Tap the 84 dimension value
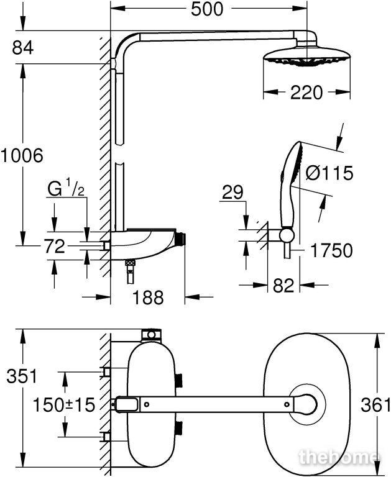point(22,48)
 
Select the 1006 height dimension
point(22,155)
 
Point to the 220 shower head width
point(306,93)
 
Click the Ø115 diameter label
point(329,173)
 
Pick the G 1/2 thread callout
point(66,188)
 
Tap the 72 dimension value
point(55,246)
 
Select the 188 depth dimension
point(149,298)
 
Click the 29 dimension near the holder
point(232,193)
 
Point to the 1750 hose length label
point(331,251)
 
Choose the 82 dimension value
point(283,285)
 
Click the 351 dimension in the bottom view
point(22,376)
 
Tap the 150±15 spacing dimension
point(63,405)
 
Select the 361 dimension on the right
point(375,405)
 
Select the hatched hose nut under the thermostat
point(131,263)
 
